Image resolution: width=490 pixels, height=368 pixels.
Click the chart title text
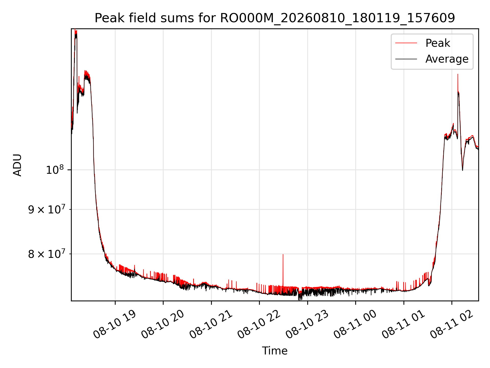[275, 18]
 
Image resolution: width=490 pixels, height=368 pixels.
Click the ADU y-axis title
[17, 165]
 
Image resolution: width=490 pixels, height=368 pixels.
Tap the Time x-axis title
[275, 351]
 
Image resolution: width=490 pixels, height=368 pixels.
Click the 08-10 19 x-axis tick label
[114, 325]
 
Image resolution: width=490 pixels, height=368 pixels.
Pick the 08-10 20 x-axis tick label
[162, 325]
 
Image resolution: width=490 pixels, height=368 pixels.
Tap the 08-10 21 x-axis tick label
[210, 325]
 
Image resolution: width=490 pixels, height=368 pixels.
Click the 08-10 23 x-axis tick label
[307, 325]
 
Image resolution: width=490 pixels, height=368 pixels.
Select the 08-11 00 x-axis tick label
[355, 325]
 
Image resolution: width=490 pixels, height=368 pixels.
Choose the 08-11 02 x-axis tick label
[451, 325]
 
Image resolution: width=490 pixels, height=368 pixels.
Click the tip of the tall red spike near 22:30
[283, 255]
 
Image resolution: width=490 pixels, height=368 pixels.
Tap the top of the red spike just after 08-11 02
[458, 74]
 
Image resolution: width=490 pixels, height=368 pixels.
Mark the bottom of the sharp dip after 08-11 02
[462, 170]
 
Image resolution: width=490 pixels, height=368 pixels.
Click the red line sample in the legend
[406, 43]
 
